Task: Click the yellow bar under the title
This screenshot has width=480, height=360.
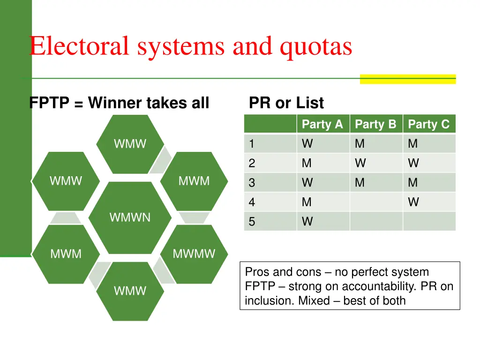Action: tap(407, 79)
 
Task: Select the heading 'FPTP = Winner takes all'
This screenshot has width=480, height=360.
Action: tap(119, 103)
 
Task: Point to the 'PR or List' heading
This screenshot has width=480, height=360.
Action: tap(286, 103)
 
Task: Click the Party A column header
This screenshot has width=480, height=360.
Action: tap(322, 124)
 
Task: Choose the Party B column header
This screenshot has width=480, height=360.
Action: tap(375, 124)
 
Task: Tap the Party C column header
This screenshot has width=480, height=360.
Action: tap(428, 124)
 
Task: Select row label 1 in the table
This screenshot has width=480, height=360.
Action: tap(252, 144)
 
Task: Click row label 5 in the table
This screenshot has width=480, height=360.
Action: tap(252, 222)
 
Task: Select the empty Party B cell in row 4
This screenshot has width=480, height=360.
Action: tap(376, 202)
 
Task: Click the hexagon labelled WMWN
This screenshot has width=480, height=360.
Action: tap(130, 217)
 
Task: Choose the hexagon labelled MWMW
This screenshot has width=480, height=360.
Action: tap(194, 254)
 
